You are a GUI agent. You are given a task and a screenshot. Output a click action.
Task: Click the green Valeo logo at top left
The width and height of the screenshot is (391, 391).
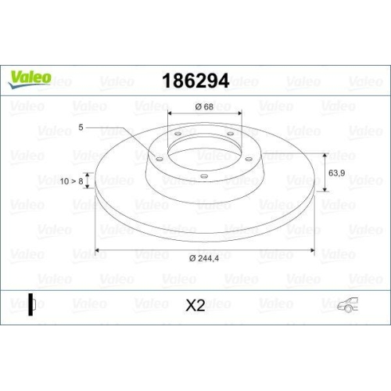click(x=30, y=77)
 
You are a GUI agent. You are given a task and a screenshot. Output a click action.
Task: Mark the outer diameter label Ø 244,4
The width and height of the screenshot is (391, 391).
click(x=205, y=259)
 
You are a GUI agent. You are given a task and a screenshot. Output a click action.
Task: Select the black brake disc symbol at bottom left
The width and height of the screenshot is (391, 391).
click(x=31, y=305)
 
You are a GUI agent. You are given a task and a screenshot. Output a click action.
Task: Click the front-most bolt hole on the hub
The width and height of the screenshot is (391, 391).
click(x=204, y=175)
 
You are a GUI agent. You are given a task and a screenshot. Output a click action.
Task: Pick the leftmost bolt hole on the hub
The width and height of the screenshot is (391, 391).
click(x=159, y=160)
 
